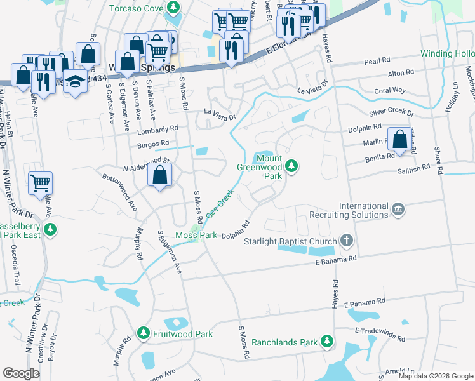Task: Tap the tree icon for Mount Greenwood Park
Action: tap(291, 166)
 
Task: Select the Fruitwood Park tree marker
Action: tap(144, 333)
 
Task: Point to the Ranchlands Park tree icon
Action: tap(327, 342)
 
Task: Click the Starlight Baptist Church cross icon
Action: tap(346, 241)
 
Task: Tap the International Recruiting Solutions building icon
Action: tap(398, 209)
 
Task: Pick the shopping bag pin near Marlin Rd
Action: tap(400, 139)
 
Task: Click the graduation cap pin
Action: tap(76, 82)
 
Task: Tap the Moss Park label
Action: tap(196, 236)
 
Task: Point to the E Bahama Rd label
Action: tap(336, 260)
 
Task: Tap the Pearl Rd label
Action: tap(377, 60)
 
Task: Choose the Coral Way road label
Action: tap(389, 90)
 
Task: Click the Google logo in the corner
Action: tap(22, 373)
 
